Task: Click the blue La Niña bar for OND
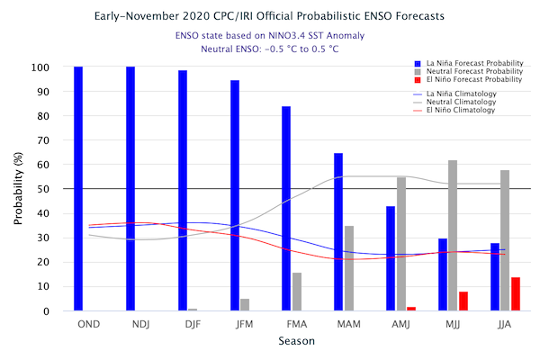[78, 189]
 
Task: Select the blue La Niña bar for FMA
[286, 209]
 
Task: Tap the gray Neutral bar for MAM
[349, 268]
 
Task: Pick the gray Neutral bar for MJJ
[453, 236]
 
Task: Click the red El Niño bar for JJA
[516, 294]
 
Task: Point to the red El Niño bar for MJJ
[463, 301]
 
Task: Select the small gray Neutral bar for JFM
[245, 305]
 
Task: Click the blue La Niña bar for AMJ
[391, 258]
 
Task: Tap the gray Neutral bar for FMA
[297, 292]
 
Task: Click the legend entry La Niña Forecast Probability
[469, 63]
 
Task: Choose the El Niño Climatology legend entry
[454, 110]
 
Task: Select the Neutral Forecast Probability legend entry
[469, 72]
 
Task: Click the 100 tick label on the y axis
[40, 67]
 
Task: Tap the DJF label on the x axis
[193, 325]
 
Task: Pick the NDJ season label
[141, 325]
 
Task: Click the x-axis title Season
[296, 341]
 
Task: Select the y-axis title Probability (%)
[18, 188]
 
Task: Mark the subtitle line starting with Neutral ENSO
[270, 49]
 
